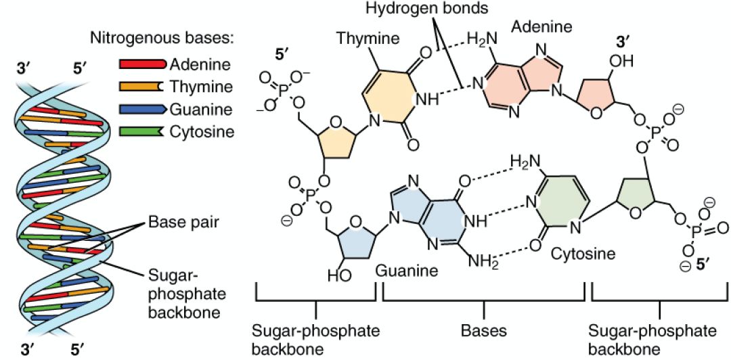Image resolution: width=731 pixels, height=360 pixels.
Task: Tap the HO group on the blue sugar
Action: [x=340, y=276]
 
